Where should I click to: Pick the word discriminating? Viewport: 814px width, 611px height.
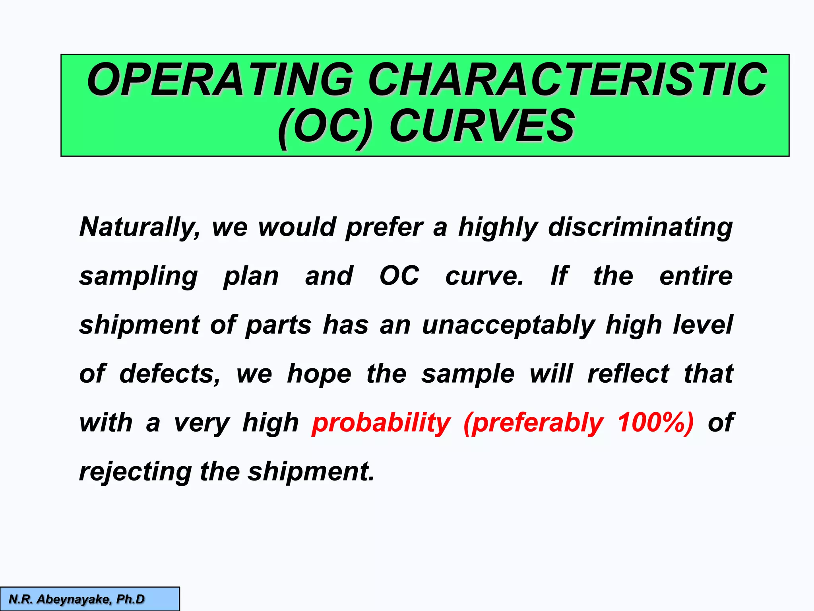(x=640, y=228)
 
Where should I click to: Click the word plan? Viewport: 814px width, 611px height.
(x=251, y=276)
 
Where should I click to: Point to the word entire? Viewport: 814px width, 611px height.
(x=696, y=276)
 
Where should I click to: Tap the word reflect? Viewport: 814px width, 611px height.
(x=628, y=374)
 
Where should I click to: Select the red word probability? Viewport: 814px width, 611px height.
(x=381, y=423)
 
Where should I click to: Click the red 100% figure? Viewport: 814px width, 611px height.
(x=655, y=422)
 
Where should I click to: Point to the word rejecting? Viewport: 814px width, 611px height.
(x=136, y=472)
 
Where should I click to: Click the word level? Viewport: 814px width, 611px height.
(x=703, y=325)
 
